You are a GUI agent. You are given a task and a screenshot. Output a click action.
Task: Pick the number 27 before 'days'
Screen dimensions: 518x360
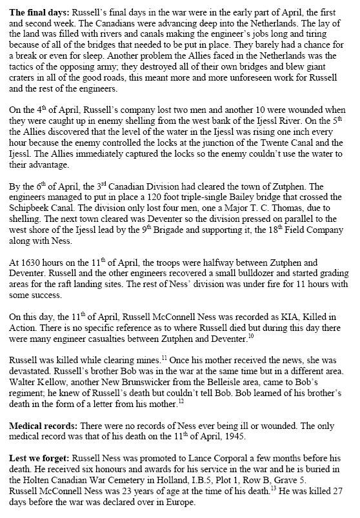[x=341, y=512]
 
